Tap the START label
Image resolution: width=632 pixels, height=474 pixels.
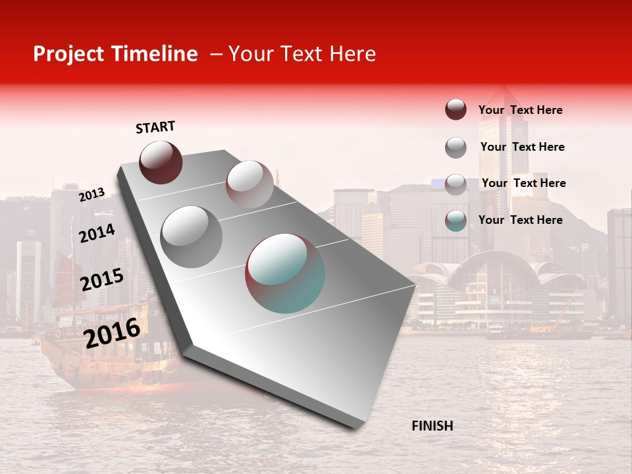pyautogui.click(x=155, y=127)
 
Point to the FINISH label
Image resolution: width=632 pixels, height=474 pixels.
pyautogui.click(x=433, y=426)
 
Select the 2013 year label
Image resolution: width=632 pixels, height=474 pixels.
pyautogui.click(x=92, y=194)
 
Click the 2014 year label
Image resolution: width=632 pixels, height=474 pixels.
pyautogui.click(x=97, y=233)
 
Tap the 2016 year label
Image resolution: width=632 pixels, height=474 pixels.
pyautogui.click(x=112, y=332)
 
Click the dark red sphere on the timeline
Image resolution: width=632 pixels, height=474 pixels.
pyautogui.click(x=161, y=162)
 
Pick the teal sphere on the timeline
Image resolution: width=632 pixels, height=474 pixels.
pyautogui.click(x=285, y=273)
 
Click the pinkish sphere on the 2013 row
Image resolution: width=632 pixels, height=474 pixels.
pyautogui.click(x=250, y=184)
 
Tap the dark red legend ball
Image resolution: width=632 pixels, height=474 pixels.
pyautogui.click(x=456, y=110)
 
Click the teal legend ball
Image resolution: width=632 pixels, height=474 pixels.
pyautogui.click(x=456, y=221)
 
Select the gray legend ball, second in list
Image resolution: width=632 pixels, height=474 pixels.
pyautogui.click(x=456, y=147)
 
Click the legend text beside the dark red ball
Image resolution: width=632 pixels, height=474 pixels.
pyautogui.click(x=520, y=110)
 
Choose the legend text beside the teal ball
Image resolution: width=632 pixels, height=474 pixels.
pyautogui.click(x=520, y=220)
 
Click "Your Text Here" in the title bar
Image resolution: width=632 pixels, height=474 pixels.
pyautogui.click(x=302, y=54)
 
